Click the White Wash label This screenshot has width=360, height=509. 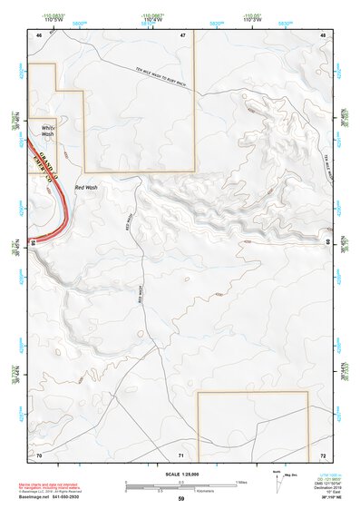(47, 131)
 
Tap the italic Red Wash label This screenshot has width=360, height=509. (86, 187)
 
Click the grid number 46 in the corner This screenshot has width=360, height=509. (39, 35)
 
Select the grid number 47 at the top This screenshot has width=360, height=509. (182, 35)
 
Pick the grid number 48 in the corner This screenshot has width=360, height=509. (322, 35)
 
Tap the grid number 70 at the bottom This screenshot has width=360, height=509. (39, 454)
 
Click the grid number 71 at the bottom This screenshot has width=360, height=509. (181, 454)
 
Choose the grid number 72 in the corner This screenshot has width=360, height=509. (322, 454)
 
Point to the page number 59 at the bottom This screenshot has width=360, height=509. (180, 499)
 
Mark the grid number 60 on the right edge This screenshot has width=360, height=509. (326, 242)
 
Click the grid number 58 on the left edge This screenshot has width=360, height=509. (33, 242)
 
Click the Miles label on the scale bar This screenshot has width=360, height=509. (241, 482)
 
